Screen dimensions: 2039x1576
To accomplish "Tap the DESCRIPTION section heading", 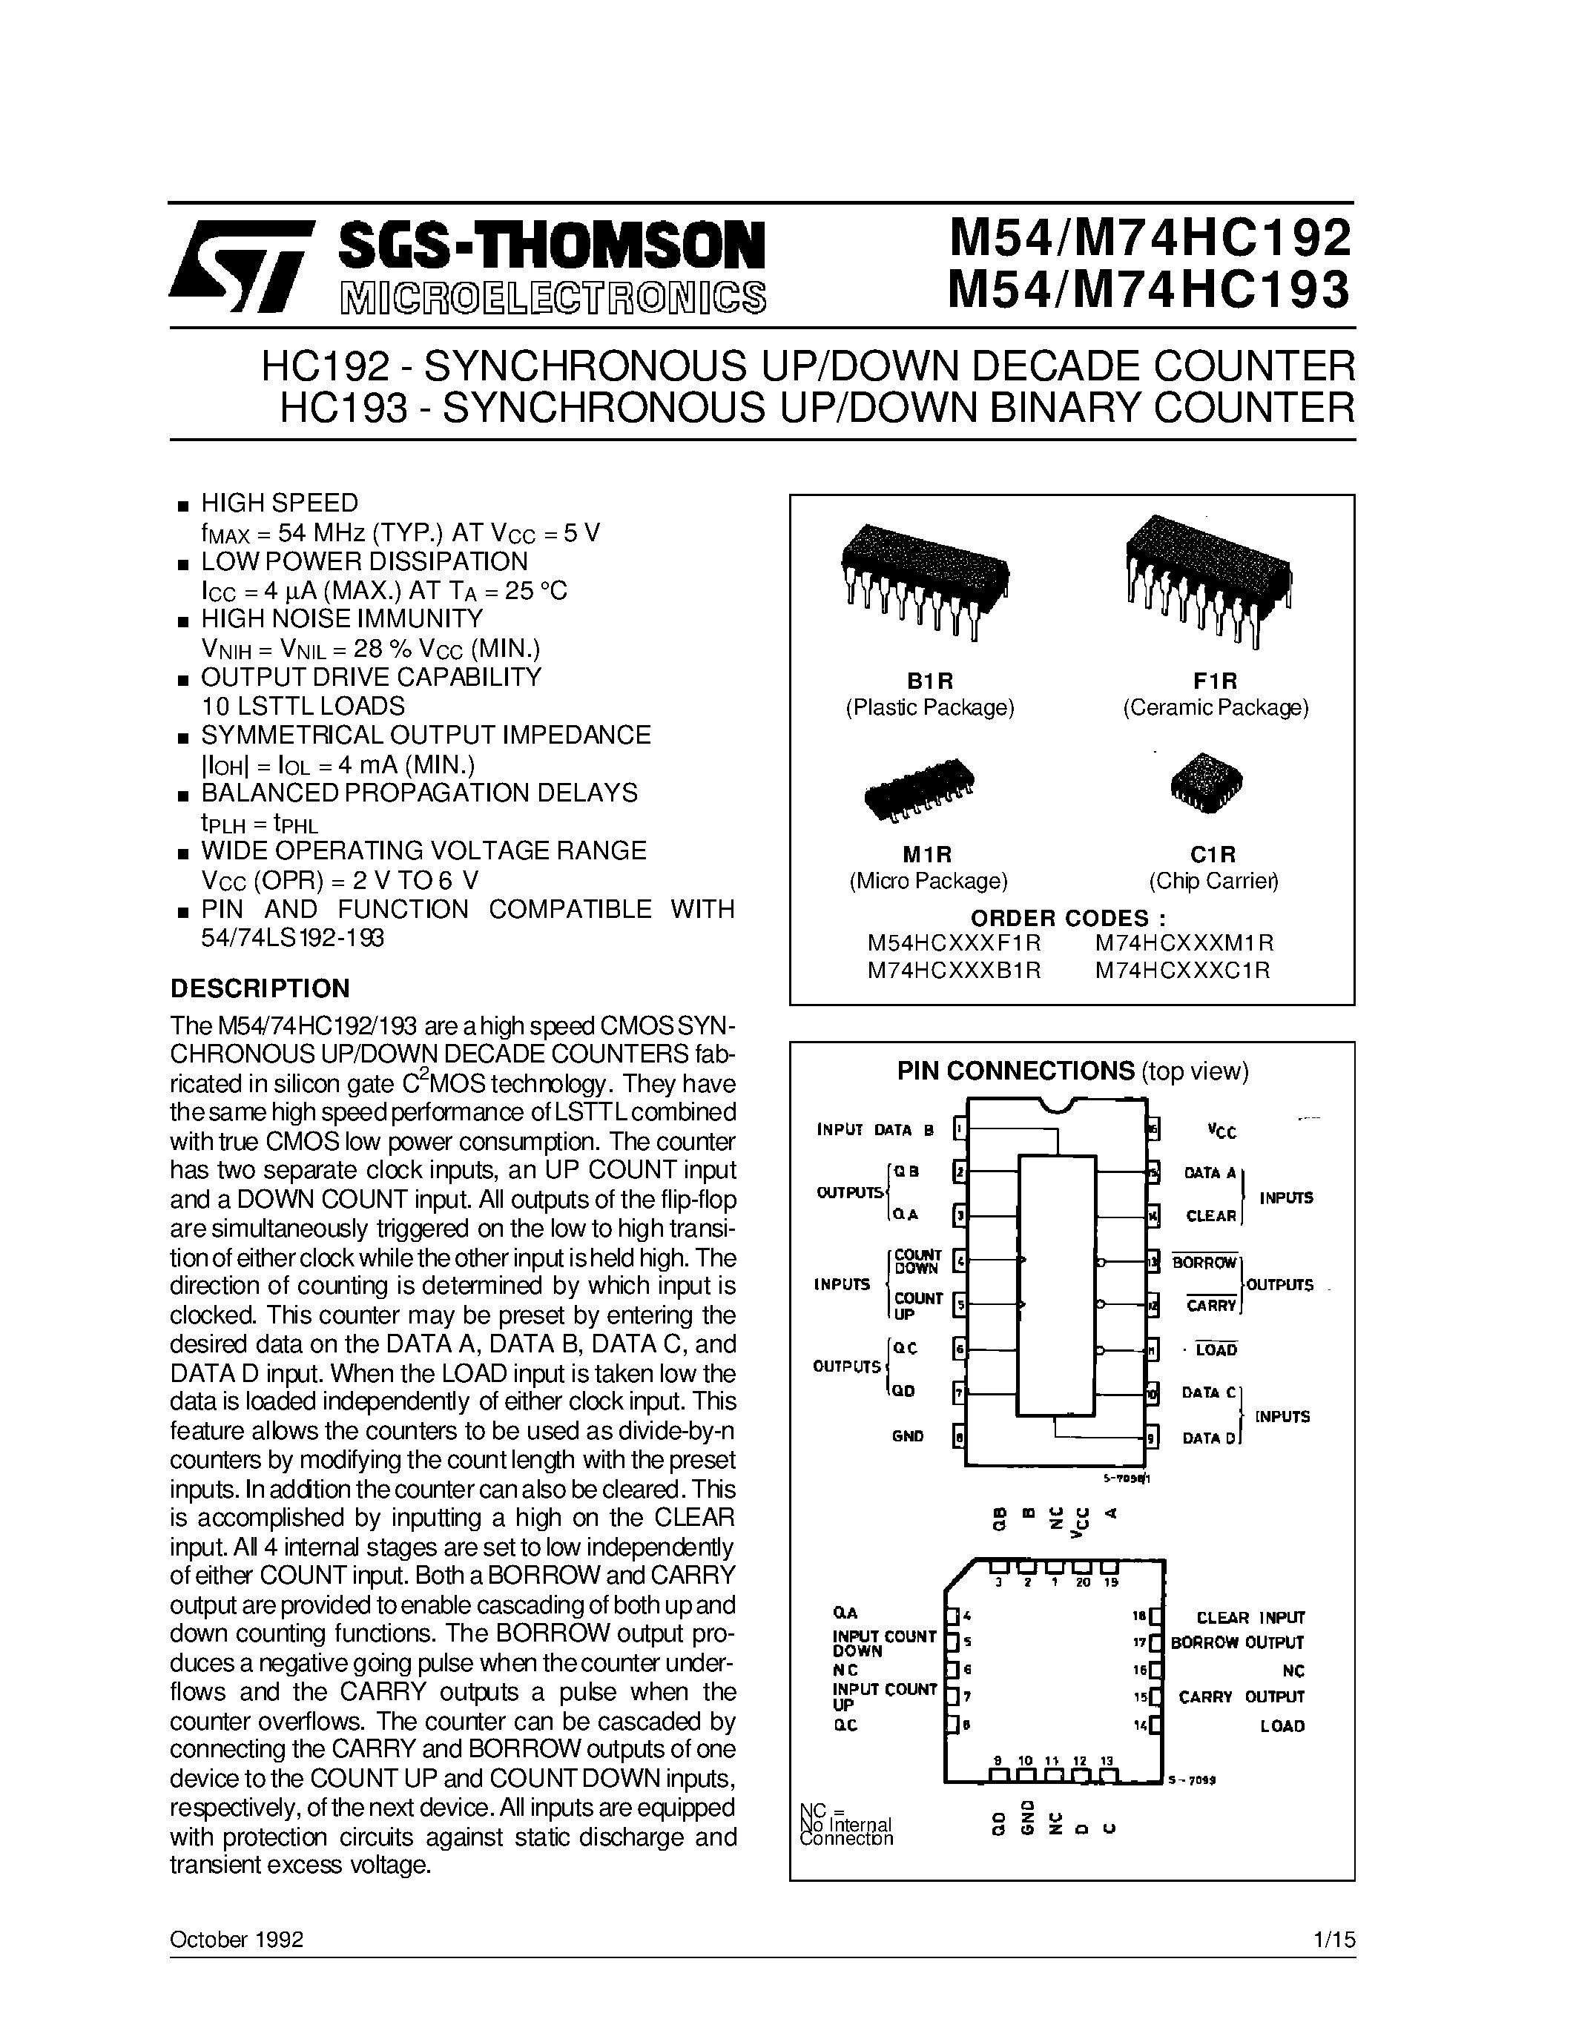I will click(x=260, y=988).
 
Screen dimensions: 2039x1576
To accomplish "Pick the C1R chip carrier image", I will click(x=1206, y=782).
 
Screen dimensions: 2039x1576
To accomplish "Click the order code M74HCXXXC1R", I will click(x=1183, y=970).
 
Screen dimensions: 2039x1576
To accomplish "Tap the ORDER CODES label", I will click(x=1067, y=918).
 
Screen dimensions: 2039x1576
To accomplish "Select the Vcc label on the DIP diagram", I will click(x=1221, y=1131).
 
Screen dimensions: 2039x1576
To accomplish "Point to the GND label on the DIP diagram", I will click(x=906, y=1437).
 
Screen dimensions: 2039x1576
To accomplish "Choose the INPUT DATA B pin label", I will click(x=875, y=1130).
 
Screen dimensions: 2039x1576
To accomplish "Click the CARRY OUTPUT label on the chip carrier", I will click(x=1241, y=1697).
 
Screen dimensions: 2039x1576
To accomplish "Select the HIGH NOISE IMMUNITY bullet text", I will click(x=342, y=619).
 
